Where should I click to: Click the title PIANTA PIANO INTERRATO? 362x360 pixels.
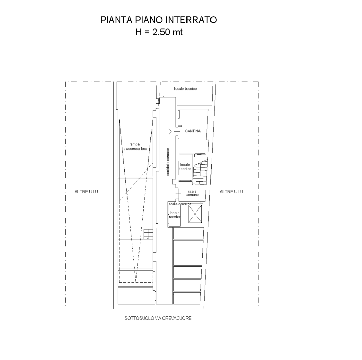coord(158,20)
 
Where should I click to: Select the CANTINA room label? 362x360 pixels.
coord(193,131)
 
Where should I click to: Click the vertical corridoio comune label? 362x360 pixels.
coord(168,162)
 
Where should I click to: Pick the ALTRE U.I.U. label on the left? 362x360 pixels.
coord(87,192)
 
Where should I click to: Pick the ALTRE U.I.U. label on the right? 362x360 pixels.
coord(232,192)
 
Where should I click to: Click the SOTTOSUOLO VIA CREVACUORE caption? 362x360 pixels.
coord(158,318)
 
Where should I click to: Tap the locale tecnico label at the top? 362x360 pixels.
coord(185,89)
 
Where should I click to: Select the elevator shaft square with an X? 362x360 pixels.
coord(194,214)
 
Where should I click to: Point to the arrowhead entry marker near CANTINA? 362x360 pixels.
coord(170,131)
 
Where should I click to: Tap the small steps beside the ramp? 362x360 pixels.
coord(148,234)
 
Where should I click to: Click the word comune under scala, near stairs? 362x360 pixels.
coord(192,195)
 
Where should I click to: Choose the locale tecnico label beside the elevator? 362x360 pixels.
coord(174,215)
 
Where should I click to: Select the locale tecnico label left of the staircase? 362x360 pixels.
coord(185,167)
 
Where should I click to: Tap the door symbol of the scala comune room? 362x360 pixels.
coord(178,194)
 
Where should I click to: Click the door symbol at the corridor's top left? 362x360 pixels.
coord(158,104)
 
